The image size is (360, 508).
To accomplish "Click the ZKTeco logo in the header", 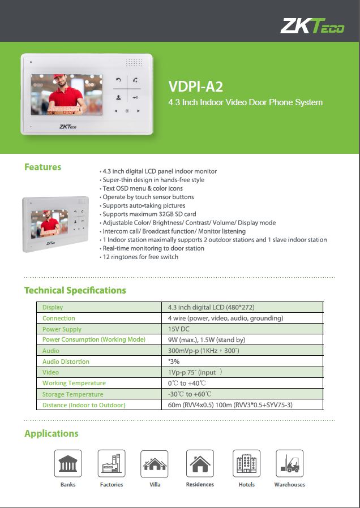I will (x=312, y=25).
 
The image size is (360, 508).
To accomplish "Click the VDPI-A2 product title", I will (x=196, y=87).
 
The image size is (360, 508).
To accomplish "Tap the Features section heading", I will (x=42, y=167).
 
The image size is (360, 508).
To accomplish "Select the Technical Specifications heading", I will (x=75, y=290).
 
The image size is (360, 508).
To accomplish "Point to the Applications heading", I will (x=51, y=433).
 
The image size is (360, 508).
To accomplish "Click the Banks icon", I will (x=68, y=463).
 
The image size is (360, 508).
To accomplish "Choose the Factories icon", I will (x=112, y=463).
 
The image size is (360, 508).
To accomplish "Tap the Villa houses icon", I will (x=155, y=463).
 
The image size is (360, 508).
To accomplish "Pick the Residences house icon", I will (x=200, y=463).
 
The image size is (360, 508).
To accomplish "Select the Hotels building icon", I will (x=246, y=463).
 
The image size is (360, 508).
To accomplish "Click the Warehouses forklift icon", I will (x=289, y=463).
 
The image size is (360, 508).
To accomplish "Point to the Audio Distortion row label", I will (x=66, y=361).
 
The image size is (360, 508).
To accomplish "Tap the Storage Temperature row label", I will (x=72, y=394).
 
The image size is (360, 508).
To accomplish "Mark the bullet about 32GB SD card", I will (x=149, y=214).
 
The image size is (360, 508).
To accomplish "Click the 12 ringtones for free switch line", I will (x=140, y=257).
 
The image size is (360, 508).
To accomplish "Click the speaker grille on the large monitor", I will (x=134, y=63).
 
